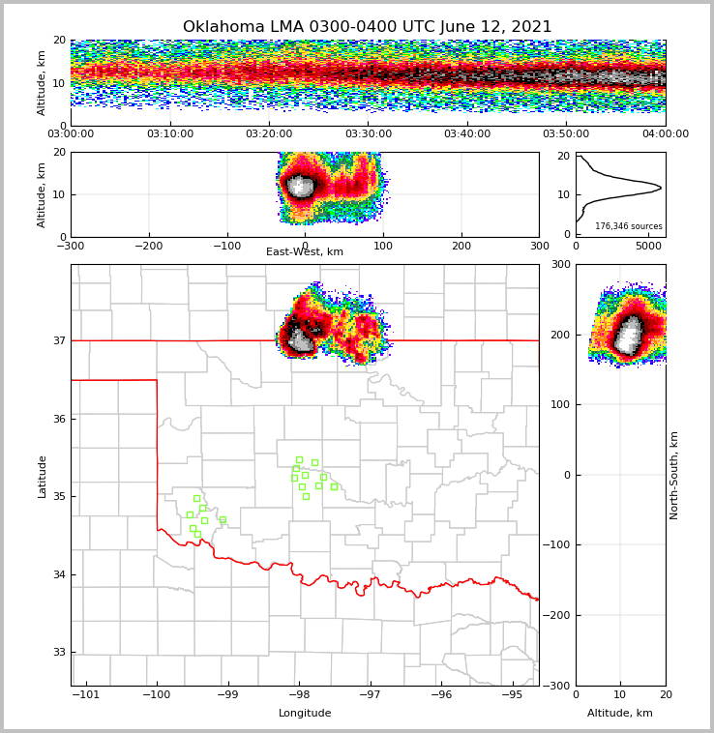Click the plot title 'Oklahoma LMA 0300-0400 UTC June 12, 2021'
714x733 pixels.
(367, 27)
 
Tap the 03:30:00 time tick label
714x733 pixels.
(369, 134)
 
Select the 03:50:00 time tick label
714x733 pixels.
(566, 134)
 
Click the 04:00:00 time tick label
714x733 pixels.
(665, 134)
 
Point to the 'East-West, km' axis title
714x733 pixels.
(304, 252)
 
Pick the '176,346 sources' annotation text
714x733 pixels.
(628, 226)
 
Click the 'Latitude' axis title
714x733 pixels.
(43, 476)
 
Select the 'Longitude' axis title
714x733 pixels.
(305, 714)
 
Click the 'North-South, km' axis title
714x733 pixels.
(675, 475)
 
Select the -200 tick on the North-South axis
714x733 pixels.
(557, 616)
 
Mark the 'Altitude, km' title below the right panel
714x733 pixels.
(620, 714)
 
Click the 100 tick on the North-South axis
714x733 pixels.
(561, 405)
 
